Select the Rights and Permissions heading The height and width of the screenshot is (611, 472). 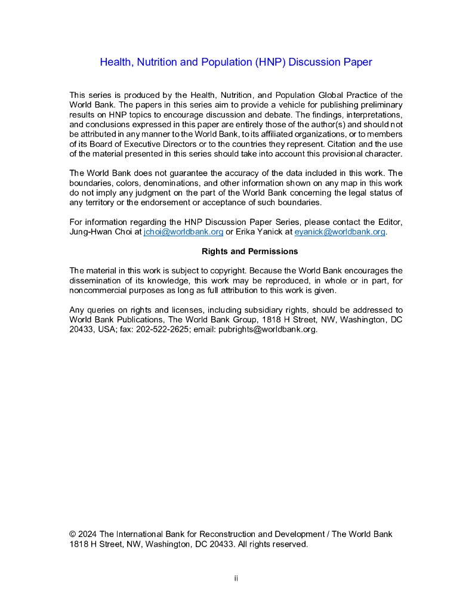[249, 251]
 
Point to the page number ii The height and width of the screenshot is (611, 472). [236, 578]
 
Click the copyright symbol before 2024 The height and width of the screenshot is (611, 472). [73, 534]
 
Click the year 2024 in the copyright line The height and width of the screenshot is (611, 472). [88, 534]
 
